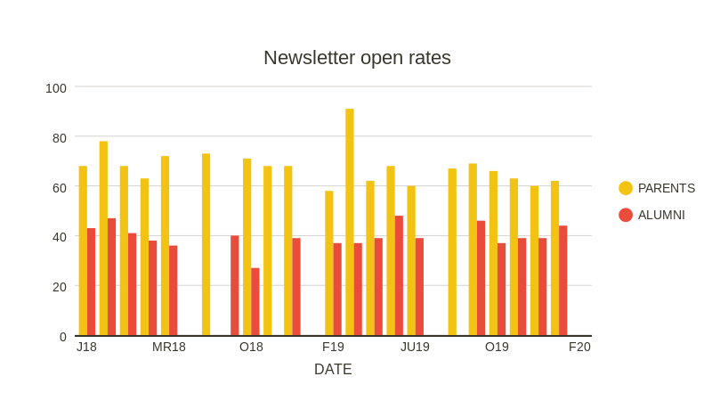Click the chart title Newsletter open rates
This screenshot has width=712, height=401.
[357, 58]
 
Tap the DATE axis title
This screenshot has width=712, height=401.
[333, 369]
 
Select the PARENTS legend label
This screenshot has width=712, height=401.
[666, 188]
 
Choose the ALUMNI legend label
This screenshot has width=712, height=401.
[661, 215]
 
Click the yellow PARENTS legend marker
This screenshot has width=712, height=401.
[626, 188]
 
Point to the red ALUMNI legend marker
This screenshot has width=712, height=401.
[626, 215]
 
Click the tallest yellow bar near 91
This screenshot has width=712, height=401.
[350, 223]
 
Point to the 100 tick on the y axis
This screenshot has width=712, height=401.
[56, 88]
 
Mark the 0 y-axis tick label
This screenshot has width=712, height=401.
[62, 337]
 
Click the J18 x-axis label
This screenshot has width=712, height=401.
[86, 347]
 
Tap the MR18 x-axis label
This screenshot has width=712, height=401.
[169, 347]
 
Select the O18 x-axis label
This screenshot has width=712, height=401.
[251, 347]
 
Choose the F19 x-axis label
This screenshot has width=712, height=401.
[333, 347]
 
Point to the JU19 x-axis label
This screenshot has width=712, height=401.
[415, 347]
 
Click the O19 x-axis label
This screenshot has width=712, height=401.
[497, 347]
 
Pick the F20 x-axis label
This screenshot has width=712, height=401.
[579, 347]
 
